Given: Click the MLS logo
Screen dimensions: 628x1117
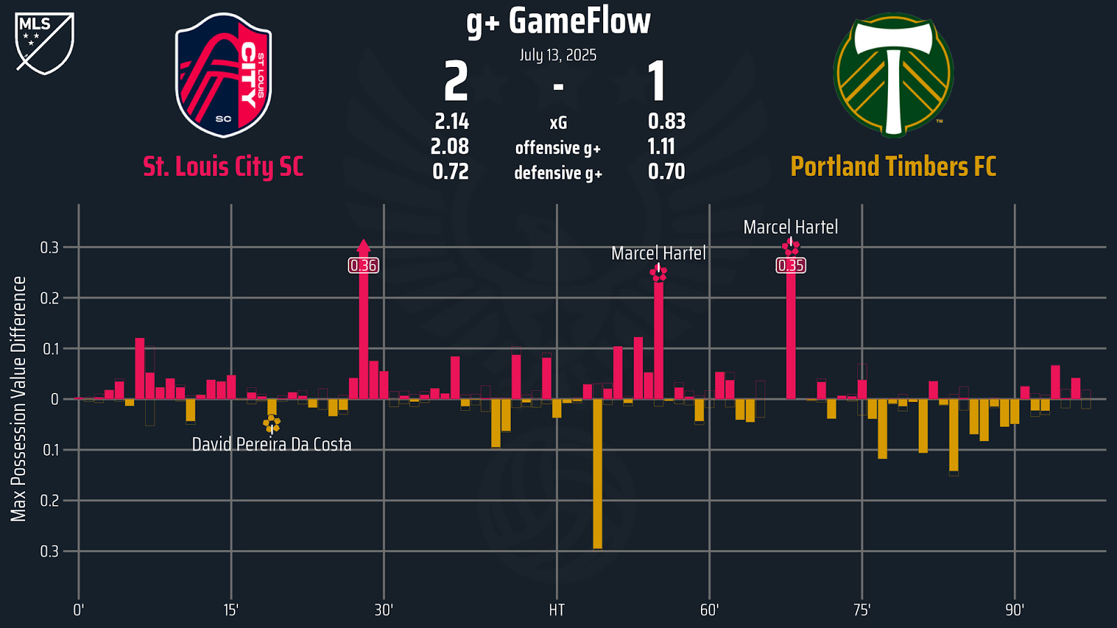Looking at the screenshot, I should point(44,43).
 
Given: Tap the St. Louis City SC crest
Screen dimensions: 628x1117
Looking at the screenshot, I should point(223,75).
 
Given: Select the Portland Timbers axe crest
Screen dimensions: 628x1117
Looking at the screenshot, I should point(893,75).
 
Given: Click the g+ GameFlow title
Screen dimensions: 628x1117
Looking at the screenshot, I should point(558,21).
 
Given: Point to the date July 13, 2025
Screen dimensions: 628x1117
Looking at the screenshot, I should point(558,55).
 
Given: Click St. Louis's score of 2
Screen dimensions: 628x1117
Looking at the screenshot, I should point(456,82).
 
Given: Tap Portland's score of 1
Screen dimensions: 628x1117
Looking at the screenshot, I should point(656,82).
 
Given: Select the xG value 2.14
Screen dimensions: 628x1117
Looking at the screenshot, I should point(452,121).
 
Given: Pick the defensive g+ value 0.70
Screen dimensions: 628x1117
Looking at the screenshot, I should point(666,172).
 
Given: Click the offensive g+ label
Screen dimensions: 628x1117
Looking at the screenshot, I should point(558,148).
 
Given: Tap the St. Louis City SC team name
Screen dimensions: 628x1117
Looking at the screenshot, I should point(223,167).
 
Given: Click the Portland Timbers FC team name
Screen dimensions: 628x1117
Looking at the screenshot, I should point(893,167).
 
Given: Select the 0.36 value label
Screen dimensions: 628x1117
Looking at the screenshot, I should point(363,265).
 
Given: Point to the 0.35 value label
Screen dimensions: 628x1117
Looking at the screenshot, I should point(790,265).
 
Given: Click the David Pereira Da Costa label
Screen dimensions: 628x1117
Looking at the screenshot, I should point(272,444).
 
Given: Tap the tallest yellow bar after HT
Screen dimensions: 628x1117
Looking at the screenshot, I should point(598,474).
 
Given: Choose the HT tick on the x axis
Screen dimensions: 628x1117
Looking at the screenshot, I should point(556,610).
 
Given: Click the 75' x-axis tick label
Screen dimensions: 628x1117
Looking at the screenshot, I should point(861,610).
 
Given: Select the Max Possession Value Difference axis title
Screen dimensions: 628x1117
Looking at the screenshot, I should point(18,398).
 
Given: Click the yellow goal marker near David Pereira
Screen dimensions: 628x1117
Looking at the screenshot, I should point(272,423).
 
